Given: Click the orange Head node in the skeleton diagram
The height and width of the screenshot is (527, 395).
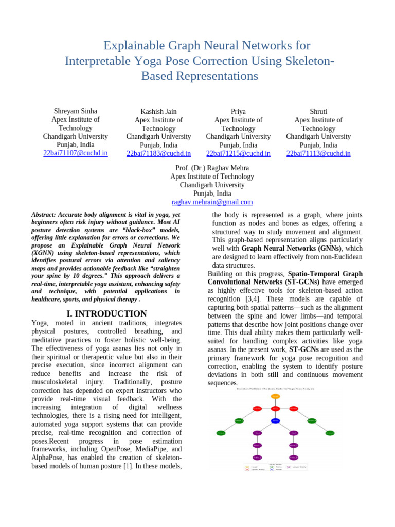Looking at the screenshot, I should click(275, 396).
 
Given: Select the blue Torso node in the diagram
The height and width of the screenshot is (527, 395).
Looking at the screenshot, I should click(275, 420).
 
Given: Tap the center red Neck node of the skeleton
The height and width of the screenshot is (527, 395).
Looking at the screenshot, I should click(275, 409).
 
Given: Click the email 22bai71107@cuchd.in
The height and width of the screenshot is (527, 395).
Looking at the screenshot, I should click(76, 153).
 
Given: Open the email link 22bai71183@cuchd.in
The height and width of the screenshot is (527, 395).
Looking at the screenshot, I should click(158, 153).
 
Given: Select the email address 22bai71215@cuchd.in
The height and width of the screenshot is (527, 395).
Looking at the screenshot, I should click(238, 153).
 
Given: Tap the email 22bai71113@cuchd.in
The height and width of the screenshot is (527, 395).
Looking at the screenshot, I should click(318, 153).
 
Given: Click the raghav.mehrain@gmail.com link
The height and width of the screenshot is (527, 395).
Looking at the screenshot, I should click(212, 202).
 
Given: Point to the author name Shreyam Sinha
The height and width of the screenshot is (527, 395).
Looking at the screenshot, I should click(76, 111).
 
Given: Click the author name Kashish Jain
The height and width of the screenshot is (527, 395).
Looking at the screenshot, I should click(158, 112).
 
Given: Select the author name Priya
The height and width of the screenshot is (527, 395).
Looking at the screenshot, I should click(238, 112).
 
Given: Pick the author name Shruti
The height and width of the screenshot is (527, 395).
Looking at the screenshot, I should click(318, 112).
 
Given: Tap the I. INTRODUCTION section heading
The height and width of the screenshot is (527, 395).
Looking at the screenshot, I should click(106, 313).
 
